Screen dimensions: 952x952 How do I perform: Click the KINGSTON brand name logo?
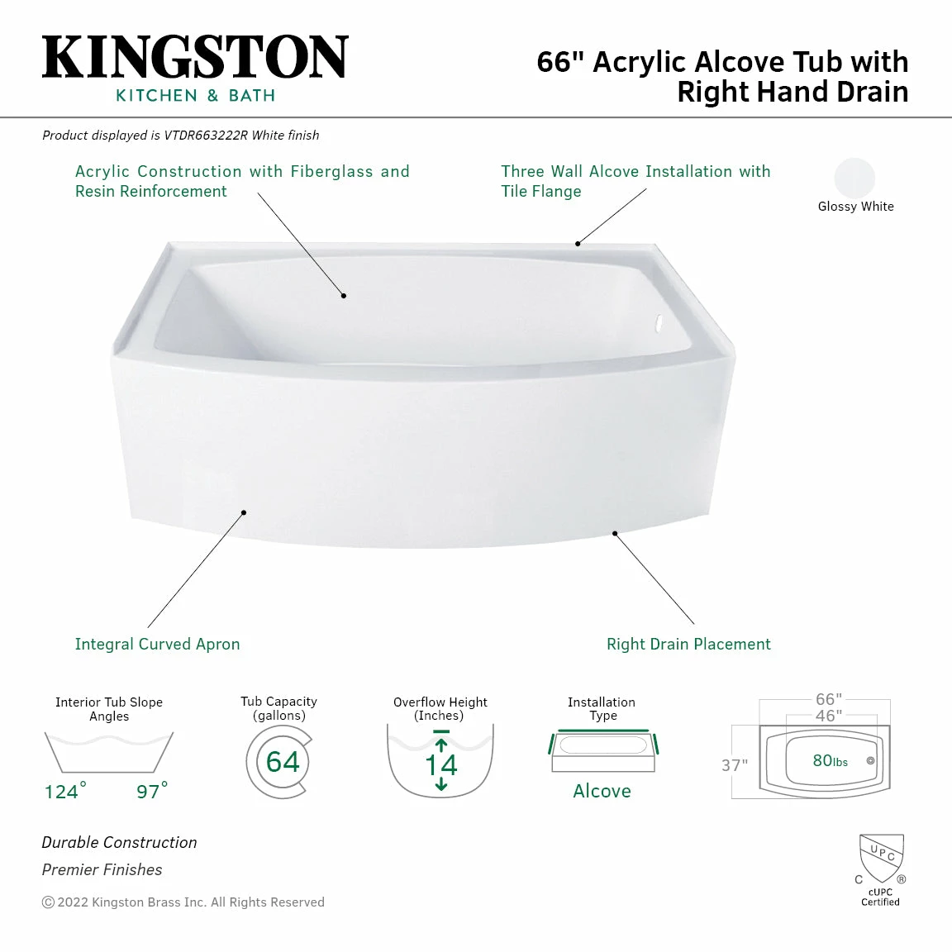coord(195,57)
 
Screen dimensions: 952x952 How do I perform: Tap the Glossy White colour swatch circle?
coord(854,178)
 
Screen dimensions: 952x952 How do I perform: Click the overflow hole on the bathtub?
coord(659,323)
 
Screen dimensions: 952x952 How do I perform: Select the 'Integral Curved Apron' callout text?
coord(157,644)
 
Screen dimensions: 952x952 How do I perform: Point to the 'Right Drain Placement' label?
coord(688,644)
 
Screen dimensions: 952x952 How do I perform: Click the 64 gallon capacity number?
coord(283,761)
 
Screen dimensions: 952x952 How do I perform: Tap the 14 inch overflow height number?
coord(440,764)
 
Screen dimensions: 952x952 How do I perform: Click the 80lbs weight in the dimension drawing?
coord(830,761)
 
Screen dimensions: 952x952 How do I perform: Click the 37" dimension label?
coord(734,765)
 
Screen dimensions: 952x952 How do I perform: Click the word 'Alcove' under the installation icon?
coord(602,791)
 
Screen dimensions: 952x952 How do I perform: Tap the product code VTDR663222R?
coord(206,135)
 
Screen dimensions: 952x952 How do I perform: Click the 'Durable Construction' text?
coord(120,842)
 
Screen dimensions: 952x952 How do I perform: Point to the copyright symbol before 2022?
coord(48,902)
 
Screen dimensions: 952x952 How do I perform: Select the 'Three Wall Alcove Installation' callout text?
coord(635,172)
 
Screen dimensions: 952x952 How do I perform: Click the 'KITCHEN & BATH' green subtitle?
coord(195,96)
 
